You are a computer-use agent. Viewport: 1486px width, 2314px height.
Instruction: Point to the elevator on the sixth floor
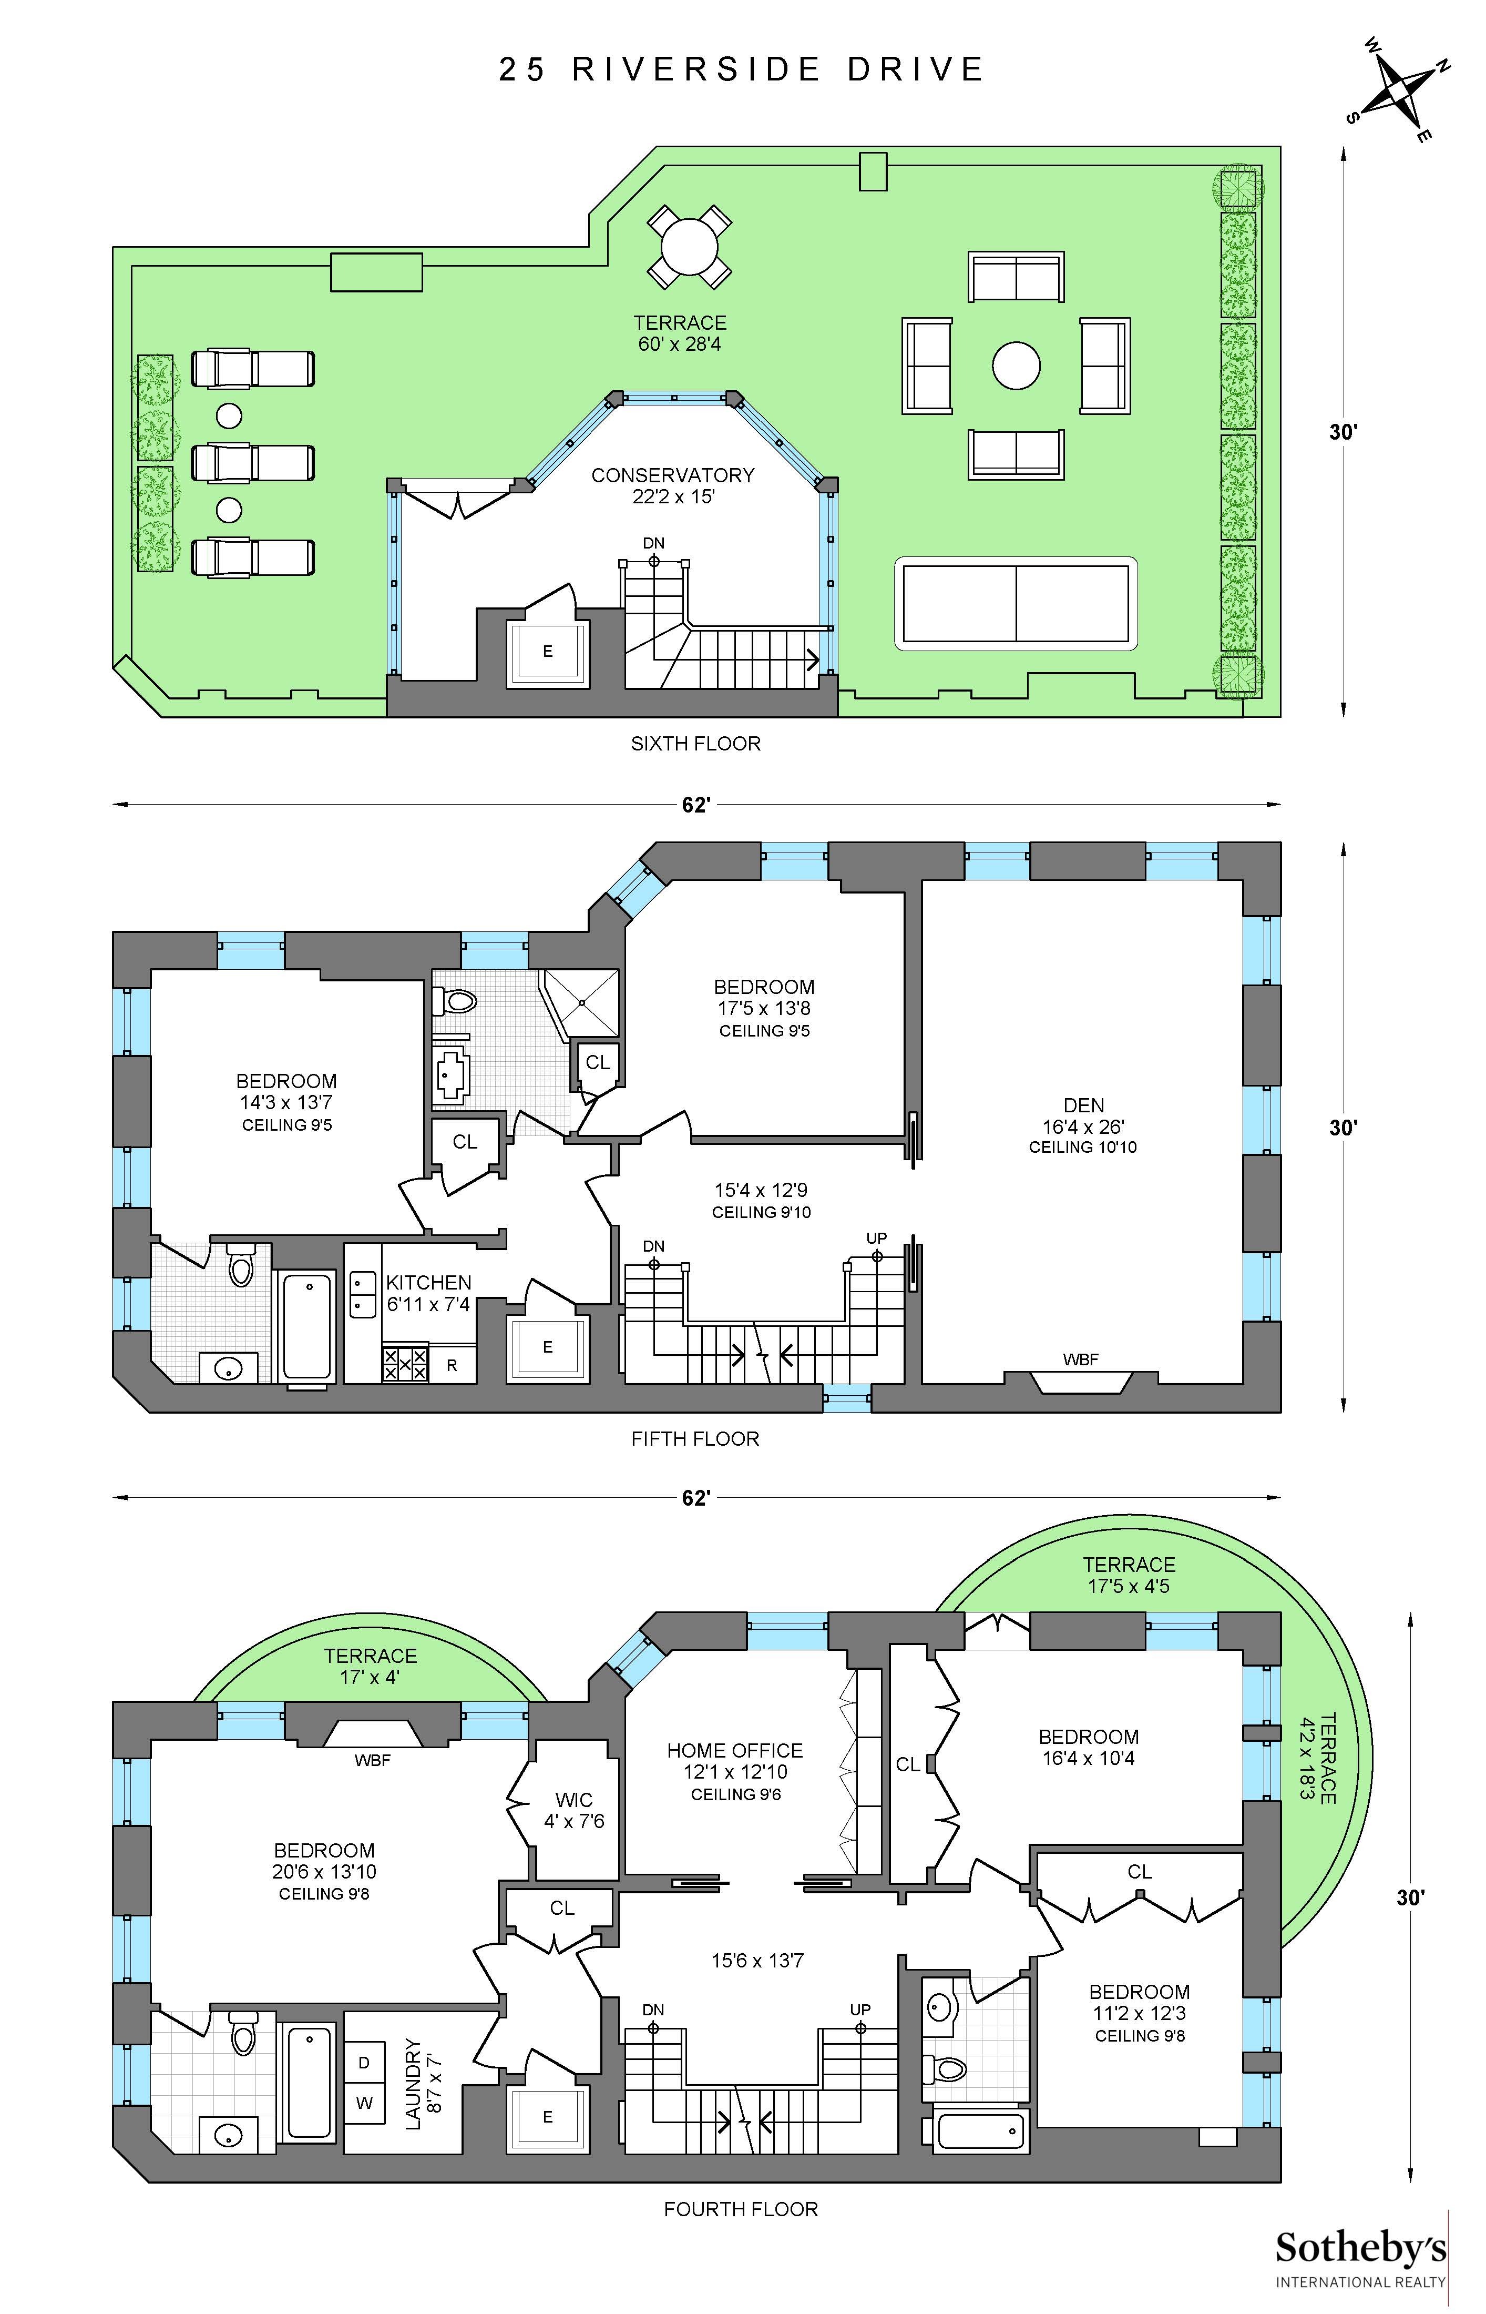[547, 652]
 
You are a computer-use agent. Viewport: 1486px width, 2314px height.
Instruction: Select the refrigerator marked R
[452, 1366]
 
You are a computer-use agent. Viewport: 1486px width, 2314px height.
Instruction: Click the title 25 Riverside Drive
[741, 69]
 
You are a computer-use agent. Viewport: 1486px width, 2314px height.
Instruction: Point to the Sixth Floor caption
[696, 743]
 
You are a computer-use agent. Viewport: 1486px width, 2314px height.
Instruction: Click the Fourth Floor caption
[741, 2209]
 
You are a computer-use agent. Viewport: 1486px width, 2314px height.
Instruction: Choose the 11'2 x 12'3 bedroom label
[1140, 2013]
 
